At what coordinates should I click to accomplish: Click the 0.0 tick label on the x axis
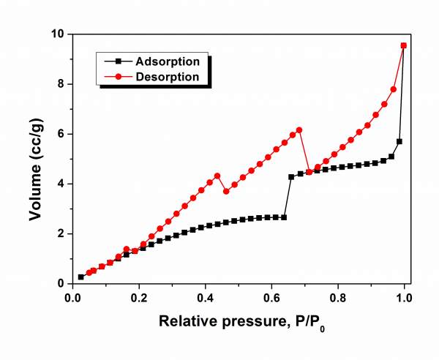(x=72, y=298)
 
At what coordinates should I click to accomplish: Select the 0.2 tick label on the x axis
(x=139, y=298)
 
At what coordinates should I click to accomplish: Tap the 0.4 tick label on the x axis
(x=206, y=298)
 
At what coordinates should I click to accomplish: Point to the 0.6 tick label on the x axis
(x=272, y=298)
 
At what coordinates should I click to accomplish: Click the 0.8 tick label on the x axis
(x=339, y=298)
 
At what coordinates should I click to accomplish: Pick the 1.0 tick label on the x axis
(x=405, y=298)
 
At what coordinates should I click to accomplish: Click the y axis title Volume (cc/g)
(x=36, y=159)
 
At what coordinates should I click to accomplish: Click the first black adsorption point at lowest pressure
(x=80, y=277)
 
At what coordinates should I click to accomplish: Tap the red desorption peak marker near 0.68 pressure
(x=299, y=130)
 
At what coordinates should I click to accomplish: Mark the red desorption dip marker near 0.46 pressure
(x=226, y=191)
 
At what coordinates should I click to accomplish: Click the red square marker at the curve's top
(x=404, y=45)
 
